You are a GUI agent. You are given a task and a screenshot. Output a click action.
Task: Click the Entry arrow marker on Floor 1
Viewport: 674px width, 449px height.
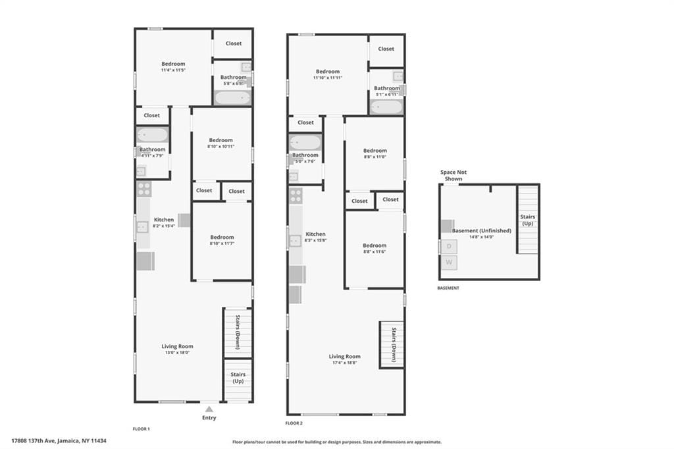209,409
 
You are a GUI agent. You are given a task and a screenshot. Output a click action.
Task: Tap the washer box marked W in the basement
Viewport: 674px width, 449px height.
450,262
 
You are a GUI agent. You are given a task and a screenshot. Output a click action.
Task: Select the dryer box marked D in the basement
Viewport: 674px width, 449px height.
450,246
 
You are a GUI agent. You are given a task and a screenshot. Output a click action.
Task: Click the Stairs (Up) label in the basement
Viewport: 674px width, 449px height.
527,219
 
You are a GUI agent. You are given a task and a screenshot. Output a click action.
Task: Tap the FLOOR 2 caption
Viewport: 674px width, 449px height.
294,423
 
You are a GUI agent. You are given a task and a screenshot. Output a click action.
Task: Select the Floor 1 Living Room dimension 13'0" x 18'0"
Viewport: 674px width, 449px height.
177,352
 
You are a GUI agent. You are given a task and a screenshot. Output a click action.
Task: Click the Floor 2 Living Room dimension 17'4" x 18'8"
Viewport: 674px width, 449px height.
344,363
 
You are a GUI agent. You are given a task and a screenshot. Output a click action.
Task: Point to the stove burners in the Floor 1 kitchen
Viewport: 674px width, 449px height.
144,190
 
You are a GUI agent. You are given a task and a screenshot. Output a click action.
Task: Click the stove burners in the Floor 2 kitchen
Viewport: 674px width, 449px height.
296,196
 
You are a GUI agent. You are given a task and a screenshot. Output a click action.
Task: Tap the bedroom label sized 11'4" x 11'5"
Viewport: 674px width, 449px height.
173,70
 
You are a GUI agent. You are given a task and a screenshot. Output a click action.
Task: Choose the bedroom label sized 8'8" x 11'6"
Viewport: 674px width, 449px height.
374,251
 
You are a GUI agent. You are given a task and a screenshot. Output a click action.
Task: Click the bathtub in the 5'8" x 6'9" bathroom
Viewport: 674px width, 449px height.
232,98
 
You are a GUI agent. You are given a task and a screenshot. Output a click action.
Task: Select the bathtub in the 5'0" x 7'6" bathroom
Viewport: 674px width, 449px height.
305,142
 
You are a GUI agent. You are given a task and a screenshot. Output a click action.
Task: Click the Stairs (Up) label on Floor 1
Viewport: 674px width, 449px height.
237,378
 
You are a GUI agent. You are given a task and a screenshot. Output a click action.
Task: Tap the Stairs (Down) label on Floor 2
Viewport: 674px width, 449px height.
393,344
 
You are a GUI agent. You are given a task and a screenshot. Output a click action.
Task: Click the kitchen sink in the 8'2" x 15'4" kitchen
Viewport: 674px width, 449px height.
142,227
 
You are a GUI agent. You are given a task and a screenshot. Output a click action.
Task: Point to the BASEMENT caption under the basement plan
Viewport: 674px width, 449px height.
448,288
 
